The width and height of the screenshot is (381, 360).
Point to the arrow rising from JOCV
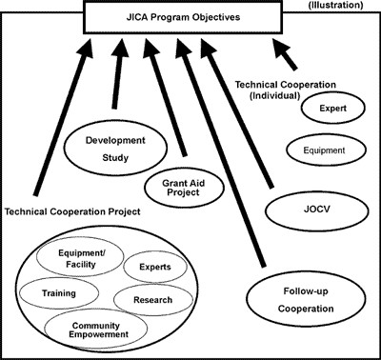[x=244, y=114]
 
